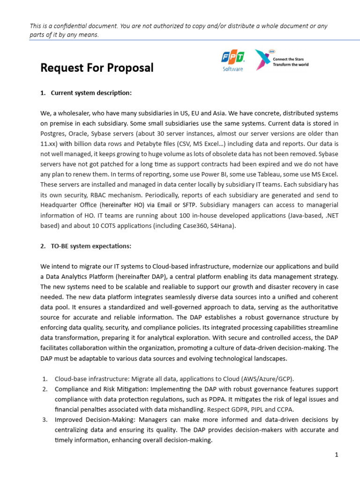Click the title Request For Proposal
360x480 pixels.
(97, 68)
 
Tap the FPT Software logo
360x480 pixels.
(232, 60)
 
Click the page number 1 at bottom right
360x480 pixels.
(337, 454)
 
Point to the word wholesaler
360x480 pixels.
(75, 113)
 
